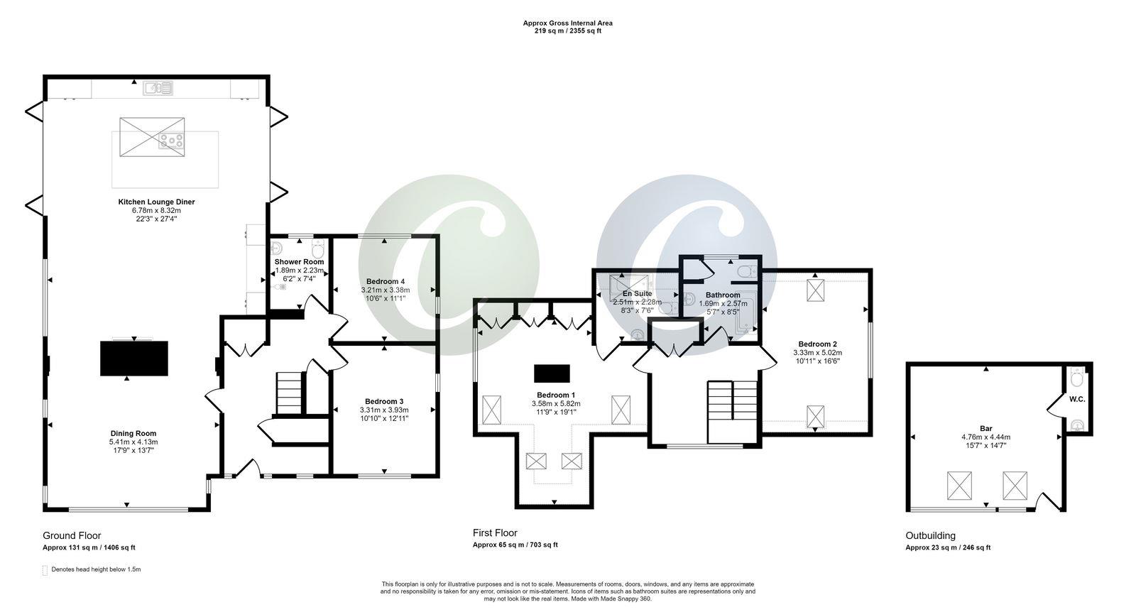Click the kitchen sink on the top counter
coord(158,87)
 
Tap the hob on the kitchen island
coord(171,141)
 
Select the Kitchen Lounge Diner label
coord(156,202)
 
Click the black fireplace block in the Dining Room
coord(134,358)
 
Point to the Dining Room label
coord(133,433)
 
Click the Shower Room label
coord(299,262)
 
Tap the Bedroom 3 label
coord(384,400)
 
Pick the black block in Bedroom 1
coord(552,373)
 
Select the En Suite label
coord(637,293)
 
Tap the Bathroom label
coord(723,295)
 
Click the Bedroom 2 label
coord(817,343)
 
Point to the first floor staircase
coord(733,410)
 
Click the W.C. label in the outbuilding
coord(1077,399)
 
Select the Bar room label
coord(985,428)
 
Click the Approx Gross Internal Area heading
coord(567,23)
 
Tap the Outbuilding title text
coord(930,535)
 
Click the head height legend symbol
coord(45,570)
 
